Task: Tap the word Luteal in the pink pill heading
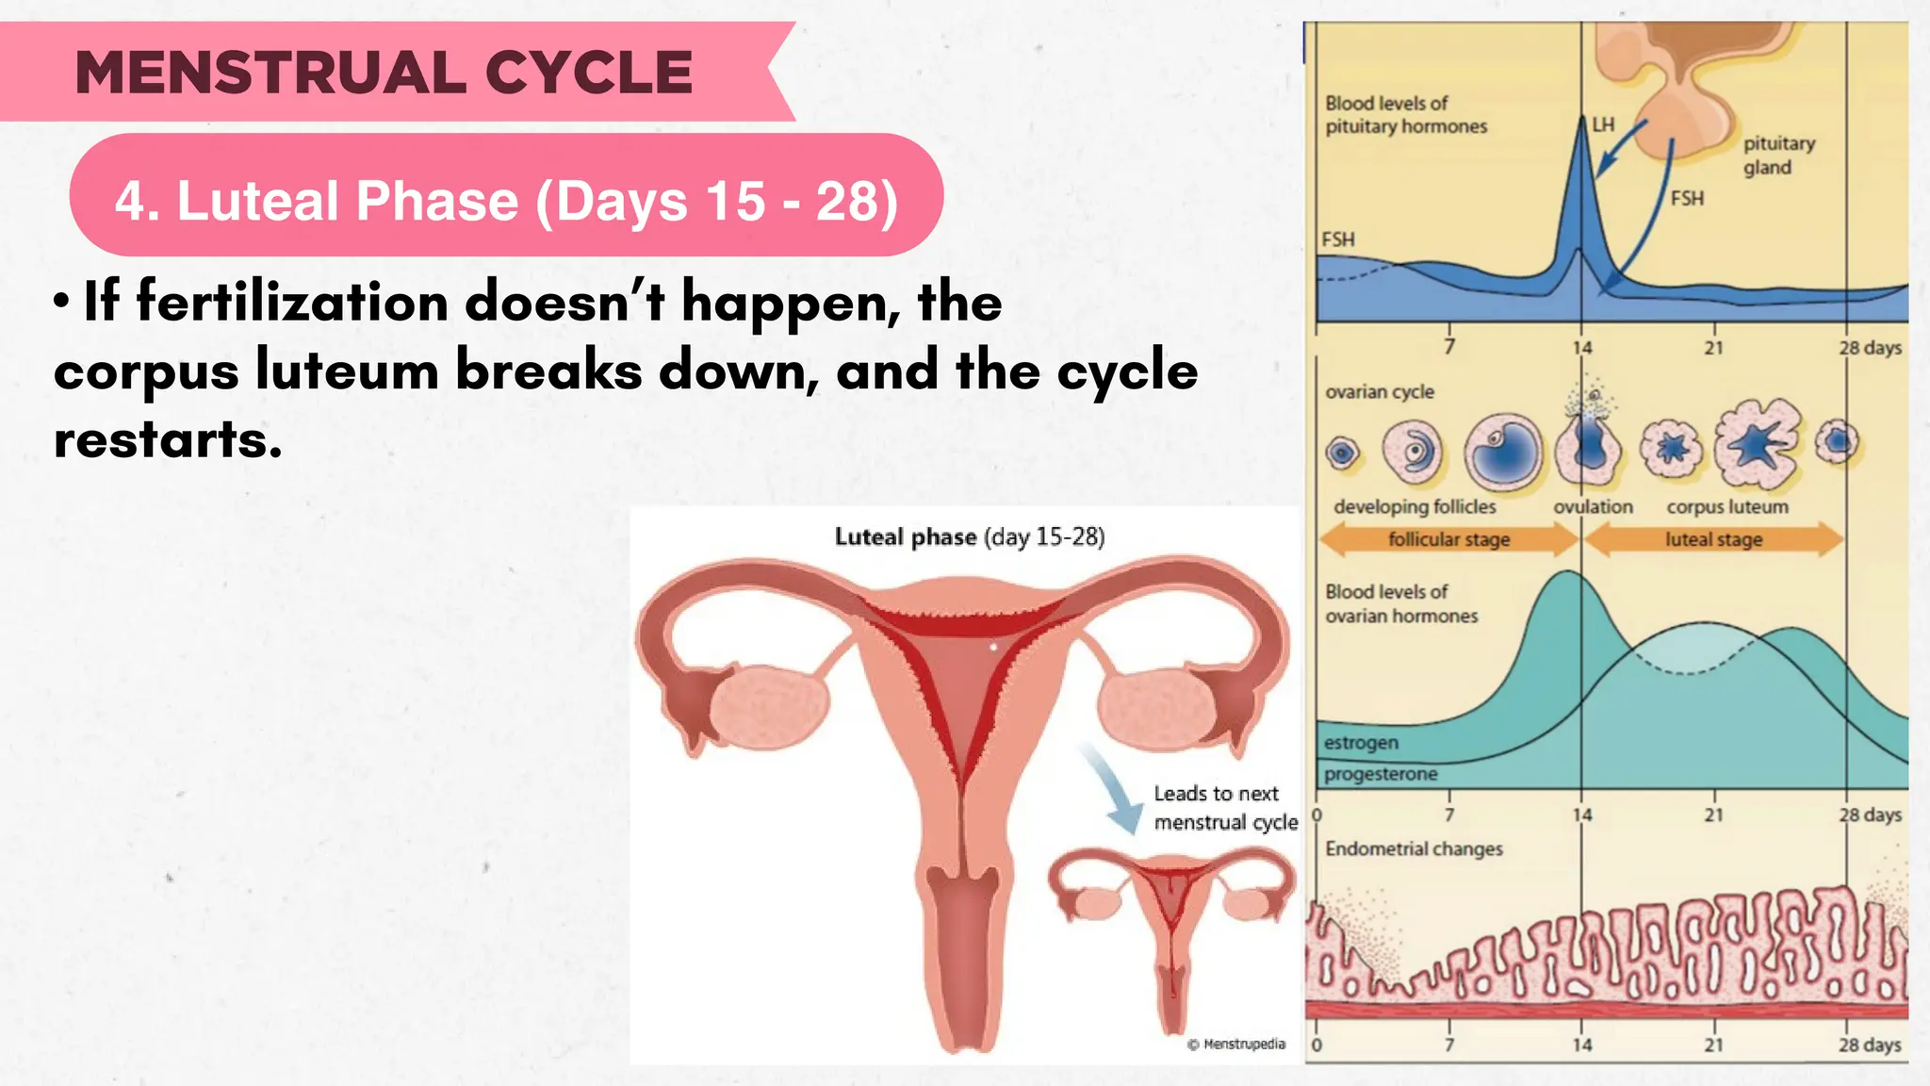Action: pyautogui.click(x=255, y=201)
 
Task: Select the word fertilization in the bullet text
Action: pyautogui.click(x=292, y=303)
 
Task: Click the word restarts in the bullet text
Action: pyautogui.click(x=168, y=439)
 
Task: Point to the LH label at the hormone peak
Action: pyautogui.click(x=1603, y=124)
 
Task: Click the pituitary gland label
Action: pyautogui.click(x=1777, y=156)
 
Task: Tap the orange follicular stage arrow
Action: pyautogui.click(x=1448, y=539)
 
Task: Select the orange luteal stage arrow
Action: pyautogui.click(x=1713, y=539)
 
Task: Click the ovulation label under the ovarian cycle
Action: pyautogui.click(x=1593, y=506)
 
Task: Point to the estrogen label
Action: pyautogui.click(x=1361, y=743)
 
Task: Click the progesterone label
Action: pyautogui.click(x=1381, y=774)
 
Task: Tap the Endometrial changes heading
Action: pyautogui.click(x=1414, y=848)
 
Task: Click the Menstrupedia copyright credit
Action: pyautogui.click(x=1236, y=1044)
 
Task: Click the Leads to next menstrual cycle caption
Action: pyautogui.click(x=1223, y=808)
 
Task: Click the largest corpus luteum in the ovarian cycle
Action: pyautogui.click(x=1757, y=443)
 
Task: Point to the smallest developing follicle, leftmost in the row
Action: pyautogui.click(x=1343, y=453)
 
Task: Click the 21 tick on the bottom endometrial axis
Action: pyautogui.click(x=1713, y=1045)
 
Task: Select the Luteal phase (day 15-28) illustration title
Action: pyautogui.click(x=970, y=537)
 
